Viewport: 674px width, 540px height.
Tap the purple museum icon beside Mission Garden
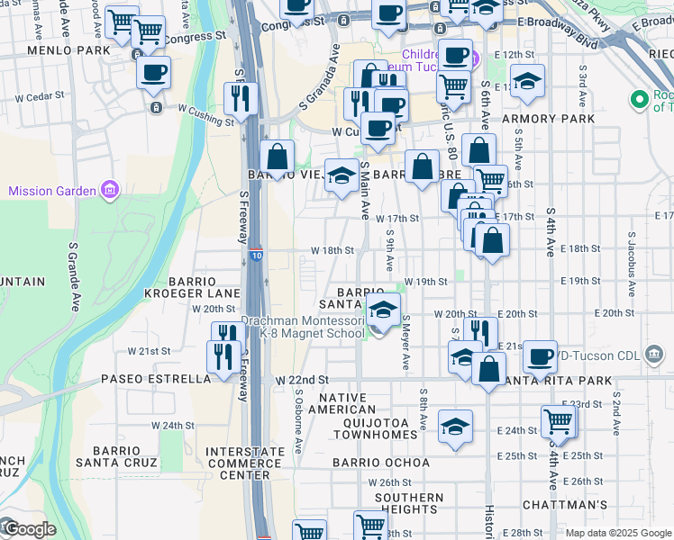click(110, 190)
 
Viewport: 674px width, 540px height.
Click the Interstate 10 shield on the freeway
click(256, 256)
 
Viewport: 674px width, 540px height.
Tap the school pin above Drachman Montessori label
click(384, 311)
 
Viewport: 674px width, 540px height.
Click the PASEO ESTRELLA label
click(156, 379)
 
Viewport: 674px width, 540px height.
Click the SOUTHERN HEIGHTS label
click(409, 503)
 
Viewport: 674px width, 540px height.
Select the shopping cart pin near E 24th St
click(559, 420)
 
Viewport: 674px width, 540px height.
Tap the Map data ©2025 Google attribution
click(617, 532)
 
